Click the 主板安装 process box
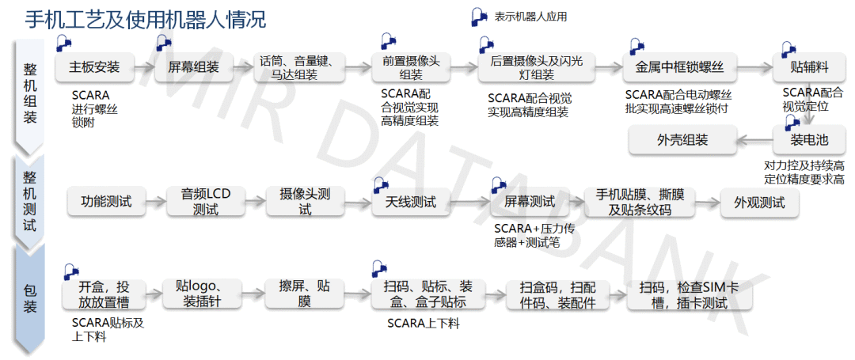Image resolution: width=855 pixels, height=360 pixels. [x=94, y=67]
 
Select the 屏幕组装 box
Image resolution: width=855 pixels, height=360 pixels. [x=193, y=67]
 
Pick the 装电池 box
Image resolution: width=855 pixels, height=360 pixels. [x=808, y=141]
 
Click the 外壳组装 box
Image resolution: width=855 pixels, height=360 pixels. [x=682, y=141]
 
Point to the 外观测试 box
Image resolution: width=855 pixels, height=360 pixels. [x=759, y=202]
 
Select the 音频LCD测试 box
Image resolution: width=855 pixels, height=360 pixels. [x=206, y=202]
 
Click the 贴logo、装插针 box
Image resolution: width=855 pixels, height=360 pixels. [x=201, y=294]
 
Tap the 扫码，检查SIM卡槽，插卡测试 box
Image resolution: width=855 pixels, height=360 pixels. [x=688, y=294]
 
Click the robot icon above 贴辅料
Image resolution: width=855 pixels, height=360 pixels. [x=788, y=48]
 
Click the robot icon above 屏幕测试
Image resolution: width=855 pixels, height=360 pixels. [x=499, y=184]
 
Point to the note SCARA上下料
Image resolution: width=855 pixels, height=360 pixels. [x=423, y=324]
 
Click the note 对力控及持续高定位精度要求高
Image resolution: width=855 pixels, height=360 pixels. [x=804, y=172]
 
